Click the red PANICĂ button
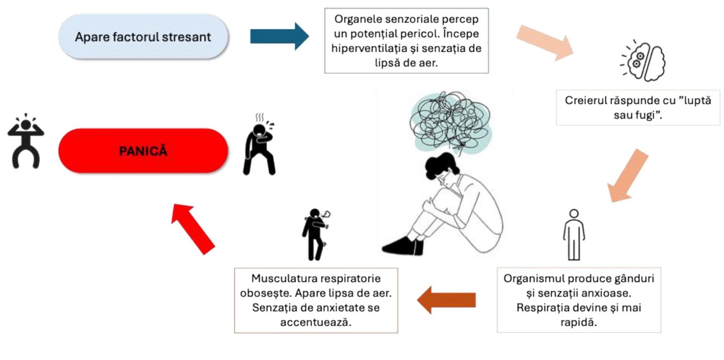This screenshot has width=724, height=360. (143, 151)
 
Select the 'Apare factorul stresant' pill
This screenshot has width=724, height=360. (143, 37)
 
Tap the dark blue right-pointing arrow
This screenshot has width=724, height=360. (279, 36)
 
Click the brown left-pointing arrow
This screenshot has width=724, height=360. (446, 300)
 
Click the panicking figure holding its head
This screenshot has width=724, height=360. (26, 141)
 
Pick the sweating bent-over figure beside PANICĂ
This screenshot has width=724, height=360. (259, 146)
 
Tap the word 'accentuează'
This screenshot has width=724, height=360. (316, 322)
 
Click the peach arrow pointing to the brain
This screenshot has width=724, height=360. (545, 43)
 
